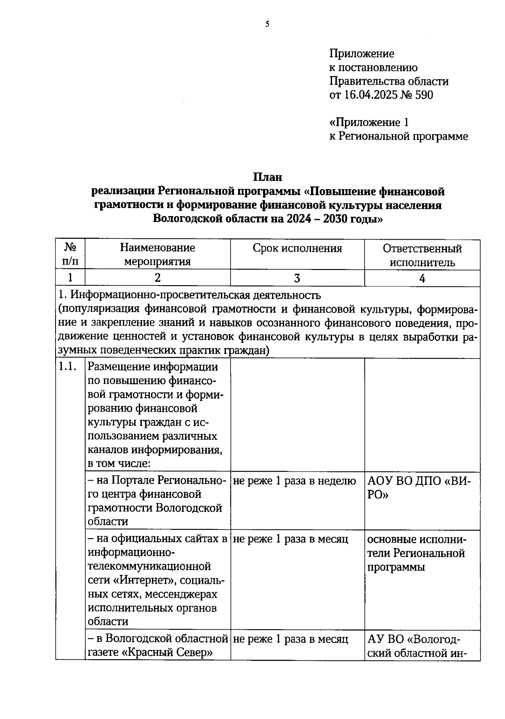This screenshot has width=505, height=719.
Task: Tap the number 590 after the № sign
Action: [424, 95]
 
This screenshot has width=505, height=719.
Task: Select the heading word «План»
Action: [267, 177]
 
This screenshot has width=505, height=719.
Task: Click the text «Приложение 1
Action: [369, 123]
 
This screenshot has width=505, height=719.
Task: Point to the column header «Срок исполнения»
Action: [297, 248]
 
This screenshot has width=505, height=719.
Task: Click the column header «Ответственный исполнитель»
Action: [422, 255]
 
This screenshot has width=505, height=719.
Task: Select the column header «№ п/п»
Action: [70, 254]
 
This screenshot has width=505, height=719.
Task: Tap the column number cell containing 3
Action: [297, 278]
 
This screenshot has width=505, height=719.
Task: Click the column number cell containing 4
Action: [422, 278]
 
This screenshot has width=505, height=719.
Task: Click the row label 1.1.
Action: [67, 367]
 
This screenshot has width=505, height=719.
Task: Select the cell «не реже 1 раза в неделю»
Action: [294, 481]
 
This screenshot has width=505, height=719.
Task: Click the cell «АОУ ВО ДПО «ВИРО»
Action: [419, 487]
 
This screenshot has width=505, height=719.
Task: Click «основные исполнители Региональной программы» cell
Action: [416, 553]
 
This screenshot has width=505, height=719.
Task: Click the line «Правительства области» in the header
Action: [388, 81]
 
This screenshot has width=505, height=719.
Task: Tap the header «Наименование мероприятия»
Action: [157, 254]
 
